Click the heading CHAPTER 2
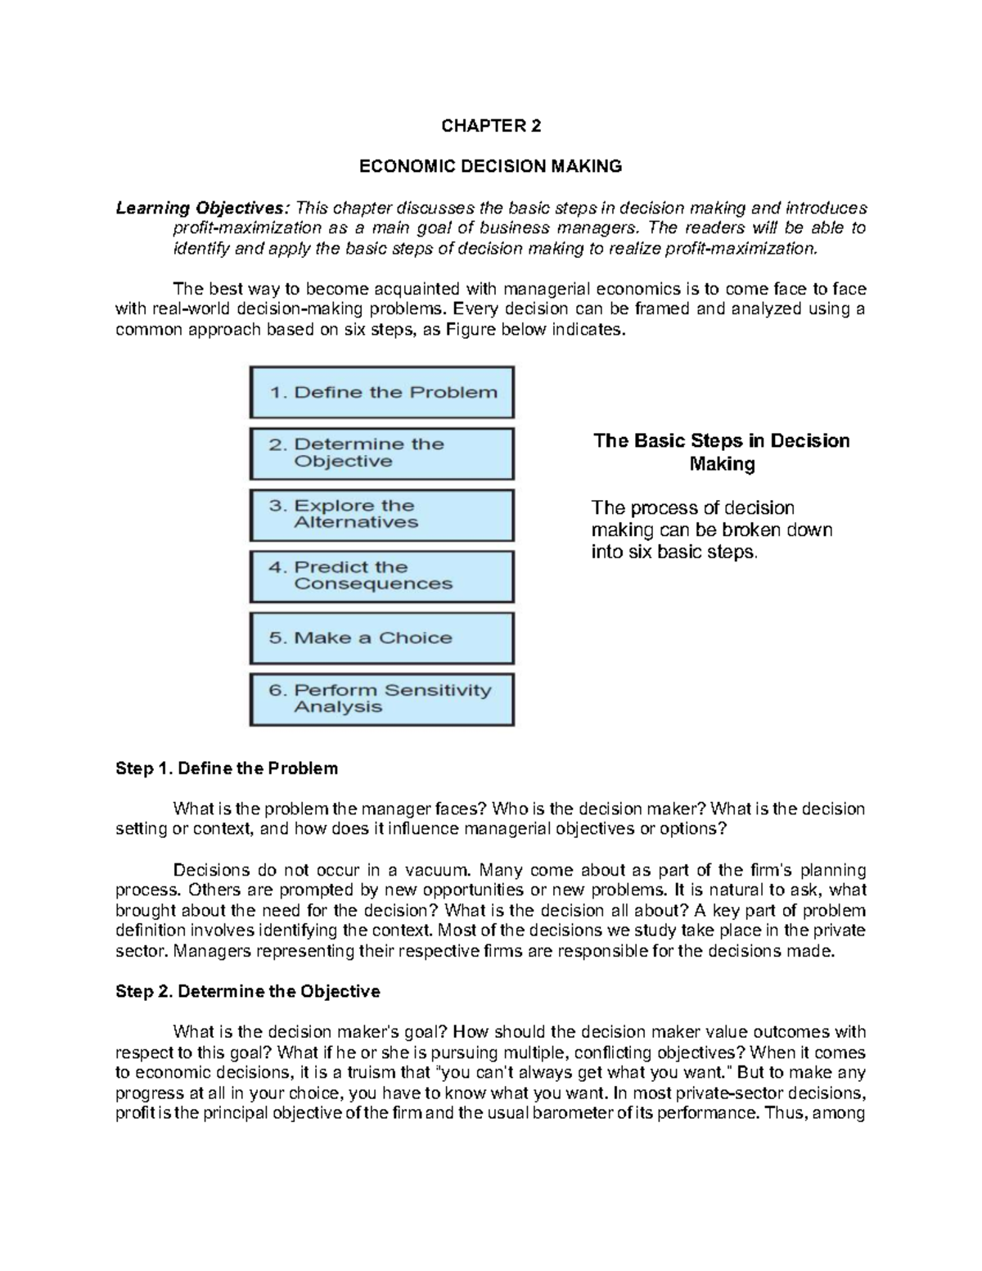coord(491,126)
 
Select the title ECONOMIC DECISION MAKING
coord(491,166)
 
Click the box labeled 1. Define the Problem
coord(381,392)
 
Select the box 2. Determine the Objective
coord(381,453)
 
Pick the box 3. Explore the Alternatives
coord(381,515)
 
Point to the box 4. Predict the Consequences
coord(381,576)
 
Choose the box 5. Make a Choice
coord(381,638)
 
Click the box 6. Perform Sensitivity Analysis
coord(381,699)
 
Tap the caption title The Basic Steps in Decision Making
coord(721,453)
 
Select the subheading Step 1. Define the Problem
coord(227,768)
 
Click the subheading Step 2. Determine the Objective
coord(248,992)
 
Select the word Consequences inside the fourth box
coord(373,584)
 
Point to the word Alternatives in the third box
coord(356,523)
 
